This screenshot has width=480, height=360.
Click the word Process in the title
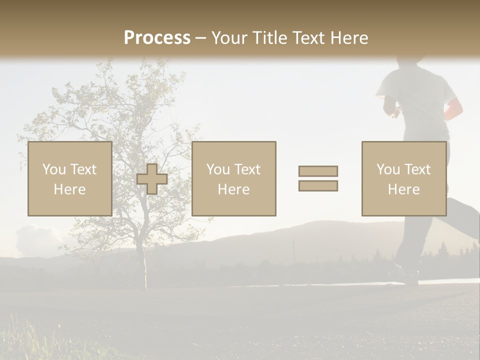tap(157, 38)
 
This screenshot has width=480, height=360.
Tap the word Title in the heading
tap(269, 38)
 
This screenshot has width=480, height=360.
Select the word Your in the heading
tap(229, 38)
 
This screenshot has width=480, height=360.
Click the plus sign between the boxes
tap(152, 179)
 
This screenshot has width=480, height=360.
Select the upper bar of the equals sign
tap(318, 171)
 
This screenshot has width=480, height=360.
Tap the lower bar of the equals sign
tap(318, 186)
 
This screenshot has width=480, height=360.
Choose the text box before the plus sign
tap(69, 179)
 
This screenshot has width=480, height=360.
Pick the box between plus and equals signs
tap(233, 179)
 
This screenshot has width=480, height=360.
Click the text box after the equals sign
tap(403, 179)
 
